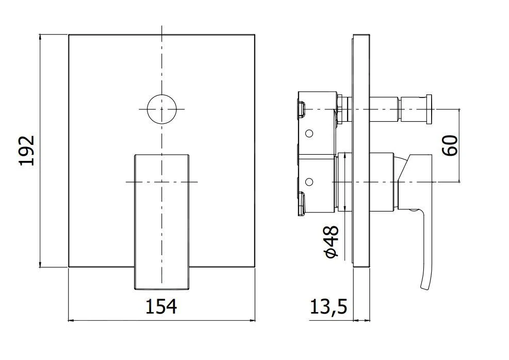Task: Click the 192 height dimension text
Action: [26, 151]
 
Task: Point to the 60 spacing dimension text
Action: [450, 145]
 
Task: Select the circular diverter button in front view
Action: [161, 109]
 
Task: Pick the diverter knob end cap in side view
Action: [428, 109]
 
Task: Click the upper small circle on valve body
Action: [309, 134]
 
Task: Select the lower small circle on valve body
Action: [309, 182]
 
